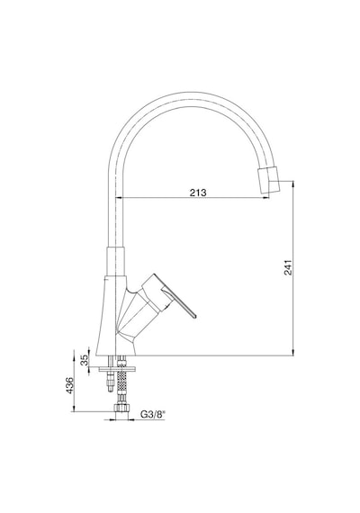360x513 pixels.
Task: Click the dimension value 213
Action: (198, 193)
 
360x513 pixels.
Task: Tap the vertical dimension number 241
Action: (288, 267)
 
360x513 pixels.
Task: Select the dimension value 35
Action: (85, 360)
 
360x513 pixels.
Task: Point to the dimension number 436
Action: (69, 385)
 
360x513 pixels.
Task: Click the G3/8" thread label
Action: (153, 415)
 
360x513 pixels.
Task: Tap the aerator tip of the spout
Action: (269, 180)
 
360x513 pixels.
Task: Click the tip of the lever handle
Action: (195, 317)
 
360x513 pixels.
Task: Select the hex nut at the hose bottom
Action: (121, 408)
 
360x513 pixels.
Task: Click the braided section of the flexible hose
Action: (121, 382)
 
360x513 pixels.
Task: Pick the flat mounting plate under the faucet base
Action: (117, 369)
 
